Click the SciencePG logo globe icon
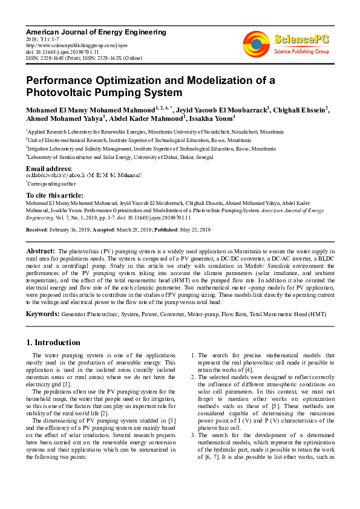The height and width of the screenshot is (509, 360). (x=257, y=44)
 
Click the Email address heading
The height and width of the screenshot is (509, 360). (x=49, y=168)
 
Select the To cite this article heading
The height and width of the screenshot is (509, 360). (x=54, y=195)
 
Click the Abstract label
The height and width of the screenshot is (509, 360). (x=41, y=250)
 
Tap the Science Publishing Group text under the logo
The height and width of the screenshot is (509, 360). (x=301, y=53)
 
